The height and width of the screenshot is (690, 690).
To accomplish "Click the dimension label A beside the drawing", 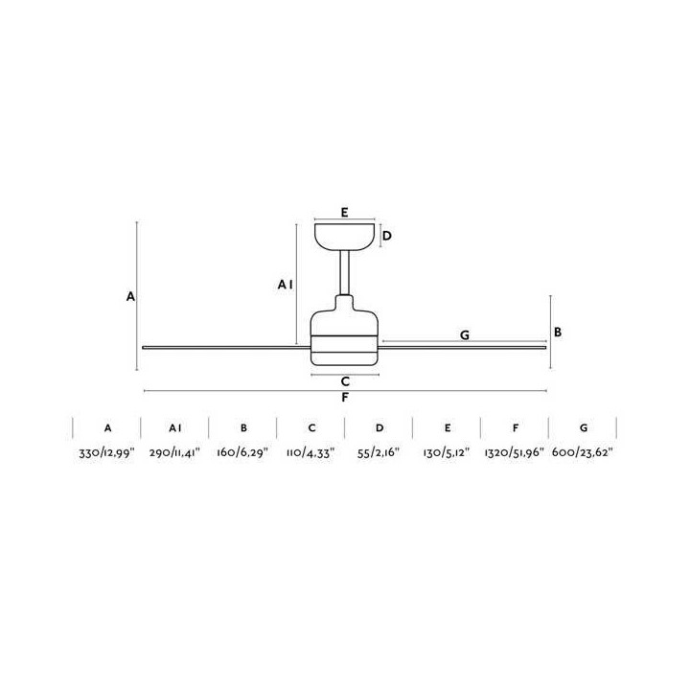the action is click(x=130, y=296).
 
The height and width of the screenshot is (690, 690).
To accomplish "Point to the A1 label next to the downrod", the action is click(x=286, y=286).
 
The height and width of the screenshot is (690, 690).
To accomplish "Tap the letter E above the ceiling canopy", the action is click(x=345, y=213).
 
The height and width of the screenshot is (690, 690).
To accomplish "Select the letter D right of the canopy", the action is click(x=387, y=236).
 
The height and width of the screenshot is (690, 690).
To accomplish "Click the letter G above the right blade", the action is click(x=465, y=335).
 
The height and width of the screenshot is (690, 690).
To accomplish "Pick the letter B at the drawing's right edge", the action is click(x=558, y=333).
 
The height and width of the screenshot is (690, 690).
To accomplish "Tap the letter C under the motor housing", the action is click(x=345, y=381).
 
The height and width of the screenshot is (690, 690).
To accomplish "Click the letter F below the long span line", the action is click(x=345, y=398).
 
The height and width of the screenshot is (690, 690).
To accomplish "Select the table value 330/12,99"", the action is click(x=106, y=452).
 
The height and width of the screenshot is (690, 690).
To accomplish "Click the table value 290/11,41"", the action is click(x=174, y=452).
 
